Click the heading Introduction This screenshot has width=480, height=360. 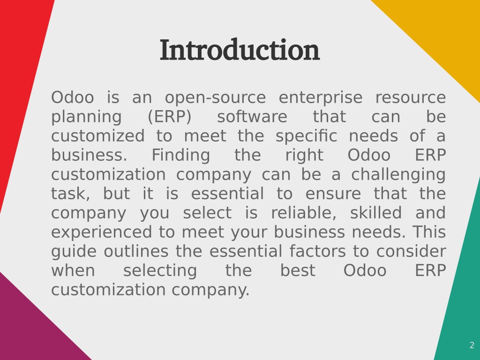(240, 50)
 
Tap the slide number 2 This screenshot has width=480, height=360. (472, 345)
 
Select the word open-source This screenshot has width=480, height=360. (216, 97)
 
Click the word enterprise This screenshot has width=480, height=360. (321, 97)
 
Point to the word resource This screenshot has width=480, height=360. (411, 97)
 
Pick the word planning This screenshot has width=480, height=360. (86, 117)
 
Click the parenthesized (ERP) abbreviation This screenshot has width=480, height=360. (170, 117)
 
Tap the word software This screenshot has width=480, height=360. (252, 117)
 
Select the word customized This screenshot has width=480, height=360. (98, 136)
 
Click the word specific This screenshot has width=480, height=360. (307, 136)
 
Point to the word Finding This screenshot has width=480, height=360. (181, 156)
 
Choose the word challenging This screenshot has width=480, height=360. (398, 175)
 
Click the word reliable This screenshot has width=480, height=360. (304, 213)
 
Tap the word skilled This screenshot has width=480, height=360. (376, 213)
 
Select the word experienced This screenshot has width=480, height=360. (101, 232)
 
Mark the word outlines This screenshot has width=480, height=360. (136, 251)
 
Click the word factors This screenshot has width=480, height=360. (318, 251)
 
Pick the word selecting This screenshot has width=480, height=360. (160, 271)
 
